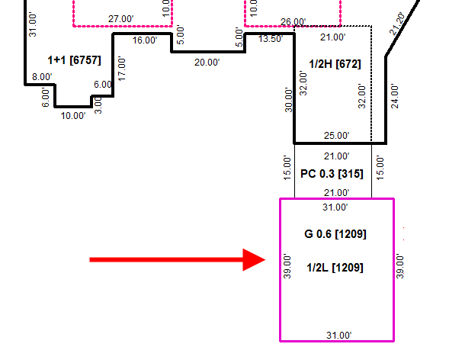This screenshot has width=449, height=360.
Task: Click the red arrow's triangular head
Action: [254, 260]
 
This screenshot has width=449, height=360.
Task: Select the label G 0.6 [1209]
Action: [335, 234]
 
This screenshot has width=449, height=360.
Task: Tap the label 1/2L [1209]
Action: [335, 268]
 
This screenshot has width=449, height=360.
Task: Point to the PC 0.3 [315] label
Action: [332, 174]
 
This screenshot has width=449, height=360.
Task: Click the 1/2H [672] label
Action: [335, 64]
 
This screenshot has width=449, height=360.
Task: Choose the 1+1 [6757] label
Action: [74, 60]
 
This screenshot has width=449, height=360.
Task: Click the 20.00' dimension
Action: [207, 62]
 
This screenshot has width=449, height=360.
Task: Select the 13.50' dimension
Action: [271, 39]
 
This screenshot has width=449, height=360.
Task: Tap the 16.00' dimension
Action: [145, 40]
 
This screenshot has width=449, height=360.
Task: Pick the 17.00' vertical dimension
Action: [122, 69]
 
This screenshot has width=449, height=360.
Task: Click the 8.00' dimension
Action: [42, 77]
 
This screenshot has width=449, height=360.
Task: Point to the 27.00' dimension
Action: [121, 19]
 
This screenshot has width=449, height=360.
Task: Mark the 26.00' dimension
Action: [293, 22]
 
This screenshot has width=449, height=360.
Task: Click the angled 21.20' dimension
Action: [398, 24]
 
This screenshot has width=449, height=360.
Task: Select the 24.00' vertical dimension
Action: [395, 96]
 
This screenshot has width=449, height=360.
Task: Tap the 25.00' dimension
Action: [337, 136]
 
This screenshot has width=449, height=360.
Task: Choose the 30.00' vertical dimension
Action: [289, 100]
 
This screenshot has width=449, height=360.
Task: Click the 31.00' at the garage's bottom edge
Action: [339, 335]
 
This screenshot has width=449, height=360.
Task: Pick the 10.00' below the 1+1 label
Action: [73, 116]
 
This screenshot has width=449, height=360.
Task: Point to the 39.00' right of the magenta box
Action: [399, 266]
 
